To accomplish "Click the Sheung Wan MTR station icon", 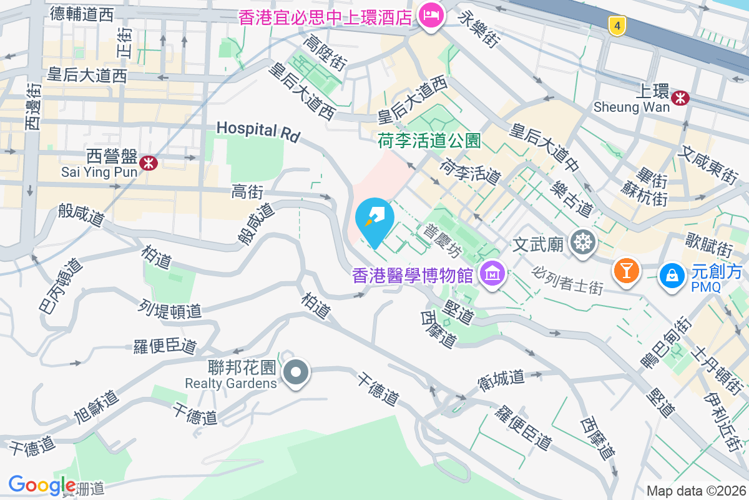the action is pyautogui.click(x=680, y=97).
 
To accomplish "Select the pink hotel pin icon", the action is pyautogui.click(x=431, y=14).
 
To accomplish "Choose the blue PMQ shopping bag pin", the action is pyautogui.click(x=671, y=275).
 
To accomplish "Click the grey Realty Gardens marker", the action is pyautogui.click(x=296, y=373).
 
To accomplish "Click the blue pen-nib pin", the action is pyautogui.click(x=374, y=220).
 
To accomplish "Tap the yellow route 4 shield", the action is pyautogui.click(x=617, y=26).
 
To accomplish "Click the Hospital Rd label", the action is pyautogui.click(x=258, y=131).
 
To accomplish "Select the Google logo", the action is pyautogui.click(x=42, y=485).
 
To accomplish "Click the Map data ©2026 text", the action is pyautogui.click(x=696, y=491).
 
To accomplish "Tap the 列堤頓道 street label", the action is pyautogui.click(x=170, y=309).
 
